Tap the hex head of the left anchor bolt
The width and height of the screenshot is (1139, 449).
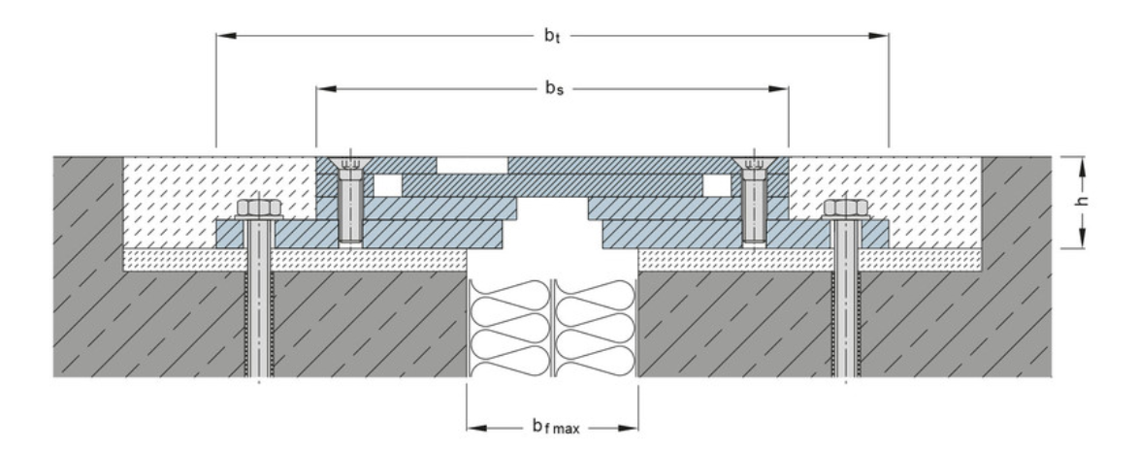[257, 209]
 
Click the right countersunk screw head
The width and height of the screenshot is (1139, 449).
[755, 165]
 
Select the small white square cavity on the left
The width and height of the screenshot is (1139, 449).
[387, 184]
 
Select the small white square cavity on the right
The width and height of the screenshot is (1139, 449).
[717, 184]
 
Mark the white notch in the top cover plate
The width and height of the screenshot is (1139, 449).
[472, 164]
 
